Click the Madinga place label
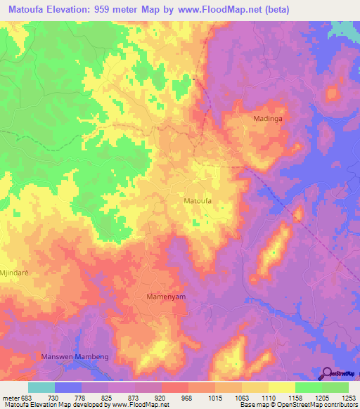[x=267, y=119]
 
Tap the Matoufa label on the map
[x=198, y=201]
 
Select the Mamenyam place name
[x=166, y=297]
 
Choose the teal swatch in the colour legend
[x=41, y=387]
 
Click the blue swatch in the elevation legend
[x=68, y=387]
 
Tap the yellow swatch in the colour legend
[x=281, y=387]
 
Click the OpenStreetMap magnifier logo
[x=327, y=374]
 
